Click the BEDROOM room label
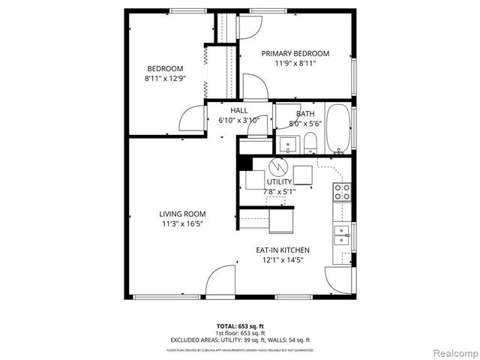click(x=164, y=68)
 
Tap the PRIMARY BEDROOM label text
click(x=295, y=53)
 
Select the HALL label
click(x=238, y=111)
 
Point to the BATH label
click(x=304, y=113)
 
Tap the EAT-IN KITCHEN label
click(x=283, y=250)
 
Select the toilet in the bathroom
click(x=310, y=142)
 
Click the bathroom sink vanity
click(x=287, y=142)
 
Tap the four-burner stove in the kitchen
click(x=342, y=192)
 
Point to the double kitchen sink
click(x=341, y=236)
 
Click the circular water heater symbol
click(x=278, y=164)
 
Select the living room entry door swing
click(x=220, y=282)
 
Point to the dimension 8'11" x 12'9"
click(x=164, y=78)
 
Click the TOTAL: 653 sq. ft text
click(x=240, y=325)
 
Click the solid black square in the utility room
click(x=243, y=162)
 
